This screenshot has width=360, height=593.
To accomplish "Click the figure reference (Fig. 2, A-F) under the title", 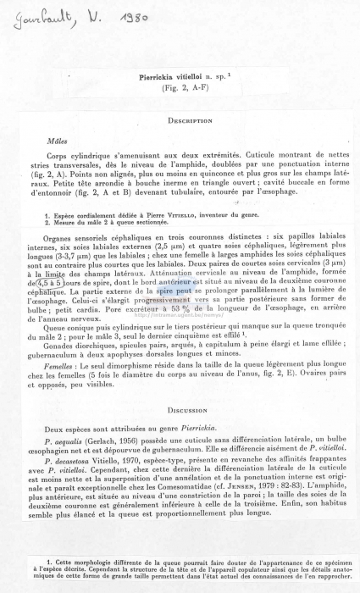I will tap(178, 87).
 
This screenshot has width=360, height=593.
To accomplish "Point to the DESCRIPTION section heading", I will tap(190, 121).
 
